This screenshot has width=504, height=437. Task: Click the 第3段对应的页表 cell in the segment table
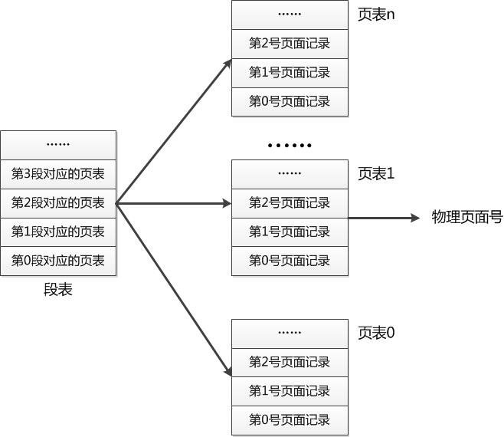pyautogui.click(x=58, y=174)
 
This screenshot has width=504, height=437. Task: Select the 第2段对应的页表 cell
pyautogui.click(x=58, y=203)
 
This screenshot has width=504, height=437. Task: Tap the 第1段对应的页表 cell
pyautogui.click(x=58, y=232)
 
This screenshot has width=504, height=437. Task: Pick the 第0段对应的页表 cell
pyautogui.click(x=58, y=261)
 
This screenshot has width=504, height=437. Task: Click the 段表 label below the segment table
pyautogui.click(x=58, y=290)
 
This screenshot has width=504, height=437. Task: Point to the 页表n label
pyautogui.click(x=376, y=15)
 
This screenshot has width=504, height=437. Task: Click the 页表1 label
pyautogui.click(x=376, y=174)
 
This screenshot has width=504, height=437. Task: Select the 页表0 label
pyautogui.click(x=376, y=333)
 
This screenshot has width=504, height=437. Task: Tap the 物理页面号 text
pyautogui.click(x=467, y=218)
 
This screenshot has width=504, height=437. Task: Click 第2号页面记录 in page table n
pyautogui.click(x=290, y=44)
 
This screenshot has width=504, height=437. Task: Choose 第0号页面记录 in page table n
pyautogui.click(x=290, y=101)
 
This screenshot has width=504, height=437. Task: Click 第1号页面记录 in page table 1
pyautogui.click(x=290, y=232)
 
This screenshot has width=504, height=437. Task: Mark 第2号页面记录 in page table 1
pyautogui.click(x=290, y=203)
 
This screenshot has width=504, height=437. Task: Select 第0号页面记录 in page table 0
pyautogui.click(x=290, y=420)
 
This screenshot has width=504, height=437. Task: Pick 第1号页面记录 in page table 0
pyautogui.click(x=290, y=391)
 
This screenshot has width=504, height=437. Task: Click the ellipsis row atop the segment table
pyautogui.click(x=58, y=145)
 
